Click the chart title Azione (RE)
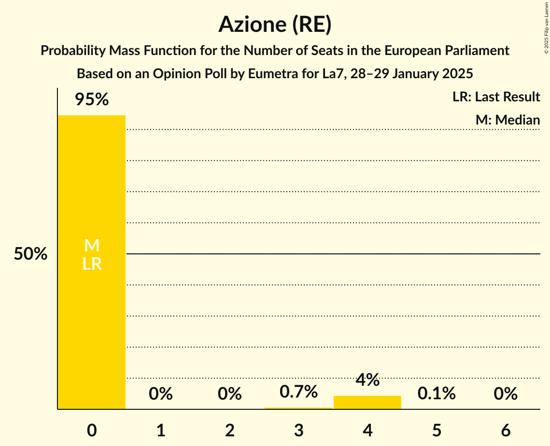tap(275, 25)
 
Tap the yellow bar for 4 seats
tap(367, 403)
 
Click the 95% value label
tap(92, 99)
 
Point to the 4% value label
tap(367, 380)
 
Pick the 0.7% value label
tap(298, 392)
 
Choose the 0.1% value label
tap(437, 394)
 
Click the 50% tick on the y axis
tap(30, 254)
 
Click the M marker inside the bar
tap(92, 246)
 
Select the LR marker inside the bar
tap(92, 264)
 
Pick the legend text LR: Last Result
tap(496, 97)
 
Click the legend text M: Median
tap(508, 120)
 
